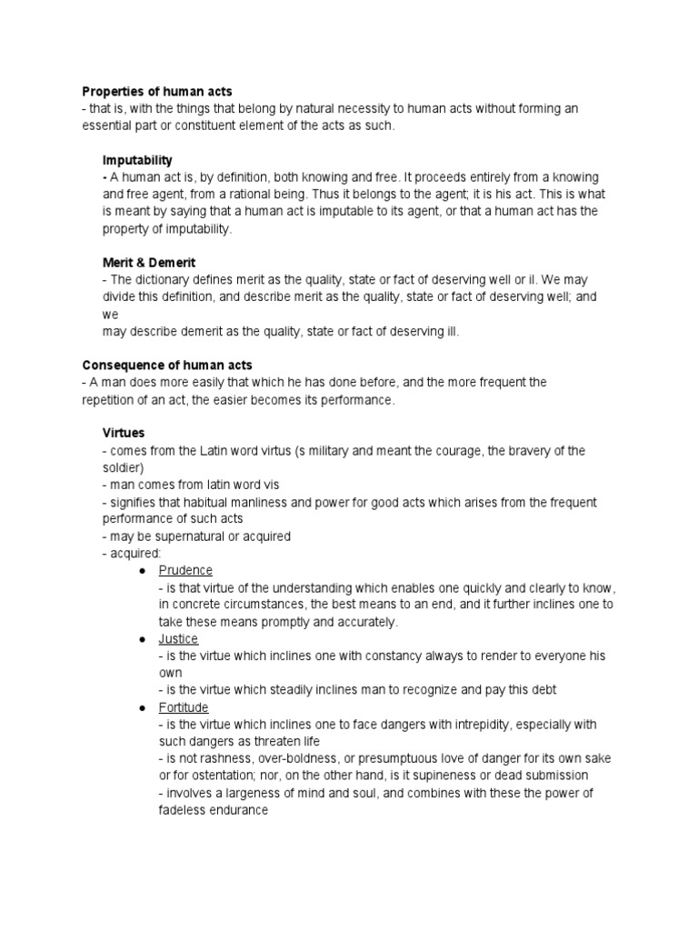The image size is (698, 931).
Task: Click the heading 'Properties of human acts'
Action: click(157, 91)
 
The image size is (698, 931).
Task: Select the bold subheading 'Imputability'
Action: click(137, 160)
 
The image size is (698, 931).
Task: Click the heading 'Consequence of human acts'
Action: click(168, 365)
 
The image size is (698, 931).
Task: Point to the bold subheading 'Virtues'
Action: click(124, 434)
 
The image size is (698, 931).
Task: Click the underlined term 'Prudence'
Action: click(185, 570)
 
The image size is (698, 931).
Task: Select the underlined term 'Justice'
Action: click(178, 639)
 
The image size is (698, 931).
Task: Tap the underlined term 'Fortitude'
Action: click(184, 707)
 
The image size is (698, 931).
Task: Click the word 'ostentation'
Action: click(205, 776)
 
